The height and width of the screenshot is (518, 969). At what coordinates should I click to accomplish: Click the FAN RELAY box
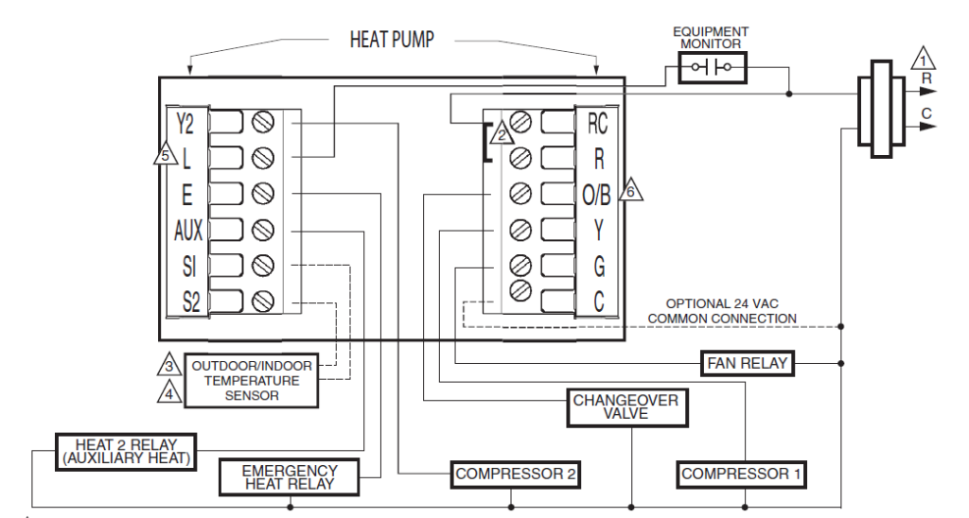point(747,363)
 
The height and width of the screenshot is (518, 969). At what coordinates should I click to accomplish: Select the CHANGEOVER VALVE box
point(625,407)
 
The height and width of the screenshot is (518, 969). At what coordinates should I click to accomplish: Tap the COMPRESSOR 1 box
point(742,473)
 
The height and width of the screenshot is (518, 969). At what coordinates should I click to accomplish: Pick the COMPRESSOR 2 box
point(515,473)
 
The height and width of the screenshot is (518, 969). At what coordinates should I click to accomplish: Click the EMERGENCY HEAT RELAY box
point(290,477)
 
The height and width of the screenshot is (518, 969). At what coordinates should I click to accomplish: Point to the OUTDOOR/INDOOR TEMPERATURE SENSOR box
point(252,381)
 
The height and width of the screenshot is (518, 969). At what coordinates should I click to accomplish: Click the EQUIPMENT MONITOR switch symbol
point(712,67)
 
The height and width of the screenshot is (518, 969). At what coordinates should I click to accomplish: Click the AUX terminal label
point(187,230)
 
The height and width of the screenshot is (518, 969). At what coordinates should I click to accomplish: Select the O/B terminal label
point(596,194)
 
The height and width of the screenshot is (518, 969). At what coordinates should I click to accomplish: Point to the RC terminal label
point(597,122)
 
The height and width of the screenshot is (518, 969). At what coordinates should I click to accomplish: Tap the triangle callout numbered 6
point(631,191)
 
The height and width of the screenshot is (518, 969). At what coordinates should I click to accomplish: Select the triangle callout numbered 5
point(165,155)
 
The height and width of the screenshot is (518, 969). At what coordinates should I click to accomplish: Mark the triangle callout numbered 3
point(167,364)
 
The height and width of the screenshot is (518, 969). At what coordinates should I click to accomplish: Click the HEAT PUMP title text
point(394,41)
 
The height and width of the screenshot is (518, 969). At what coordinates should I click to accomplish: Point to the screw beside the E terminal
point(264,194)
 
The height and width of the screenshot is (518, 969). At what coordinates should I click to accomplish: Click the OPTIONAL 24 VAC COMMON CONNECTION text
point(721,312)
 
